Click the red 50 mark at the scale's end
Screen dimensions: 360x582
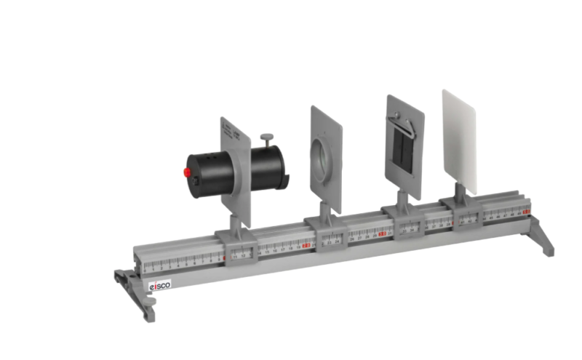pos(526,212)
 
